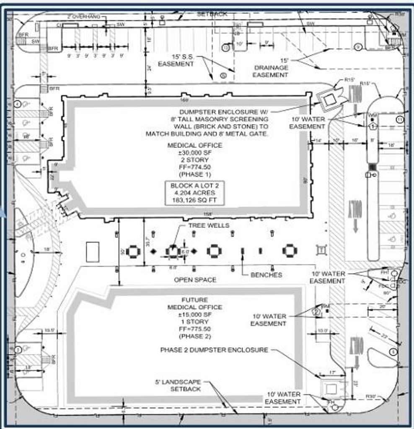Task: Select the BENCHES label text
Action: point(266,275)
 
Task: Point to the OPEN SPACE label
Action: point(195,280)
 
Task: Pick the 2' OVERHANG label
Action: point(84,16)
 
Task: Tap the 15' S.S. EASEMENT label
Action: point(176,60)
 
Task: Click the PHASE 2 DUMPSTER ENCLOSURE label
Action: point(214,350)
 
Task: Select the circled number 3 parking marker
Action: point(18,349)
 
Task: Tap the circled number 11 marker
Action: point(400,120)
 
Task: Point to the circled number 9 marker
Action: point(358,47)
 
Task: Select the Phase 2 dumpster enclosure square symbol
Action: point(331,389)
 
